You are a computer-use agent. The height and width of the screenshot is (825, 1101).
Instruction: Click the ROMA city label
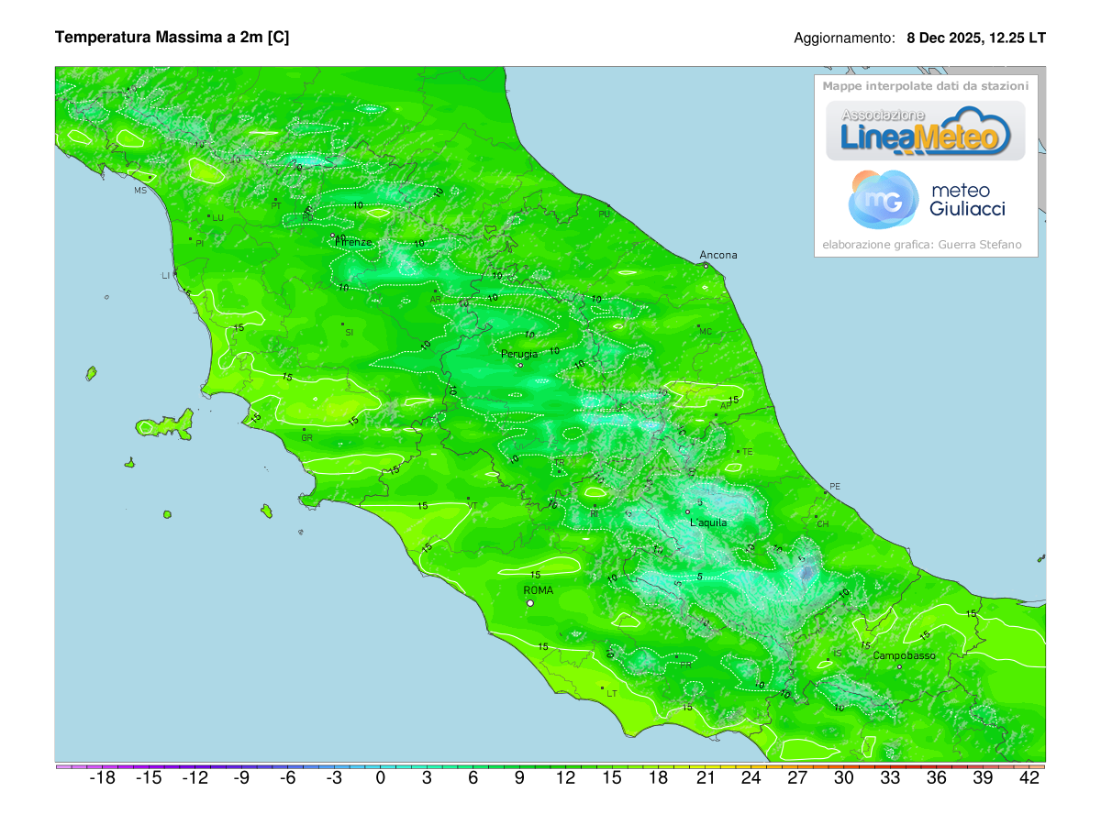click(538, 590)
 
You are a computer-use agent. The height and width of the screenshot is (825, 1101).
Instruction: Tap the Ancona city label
click(717, 255)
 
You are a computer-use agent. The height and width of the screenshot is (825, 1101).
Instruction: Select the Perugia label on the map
click(519, 353)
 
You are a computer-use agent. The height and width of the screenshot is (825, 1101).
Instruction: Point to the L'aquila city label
click(707, 522)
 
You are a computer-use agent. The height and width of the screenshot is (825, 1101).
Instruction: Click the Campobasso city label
click(904, 655)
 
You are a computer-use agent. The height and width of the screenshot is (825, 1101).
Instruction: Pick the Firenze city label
click(353, 242)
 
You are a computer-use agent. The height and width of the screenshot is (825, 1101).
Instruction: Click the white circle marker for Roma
click(529, 603)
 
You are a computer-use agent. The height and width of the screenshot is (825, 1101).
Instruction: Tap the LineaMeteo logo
click(926, 130)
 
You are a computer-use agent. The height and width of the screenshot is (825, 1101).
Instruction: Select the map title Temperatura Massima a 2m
click(172, 38)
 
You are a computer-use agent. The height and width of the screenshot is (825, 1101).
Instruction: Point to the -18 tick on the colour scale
click(102, 778)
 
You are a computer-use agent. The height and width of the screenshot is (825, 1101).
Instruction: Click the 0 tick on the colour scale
click(380, 778)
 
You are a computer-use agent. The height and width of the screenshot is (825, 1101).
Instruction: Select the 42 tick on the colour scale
click(1029, 778)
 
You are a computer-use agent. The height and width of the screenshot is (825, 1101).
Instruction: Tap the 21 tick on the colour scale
click(705, 778)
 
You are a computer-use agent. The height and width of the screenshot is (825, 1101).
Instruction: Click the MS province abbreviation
click(140, 191)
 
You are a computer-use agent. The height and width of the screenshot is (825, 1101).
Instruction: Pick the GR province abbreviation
click(306, 438)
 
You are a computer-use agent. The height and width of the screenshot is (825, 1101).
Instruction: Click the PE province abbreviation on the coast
click(834, 487)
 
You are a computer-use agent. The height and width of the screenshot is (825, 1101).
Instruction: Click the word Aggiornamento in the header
click(844, 38)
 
